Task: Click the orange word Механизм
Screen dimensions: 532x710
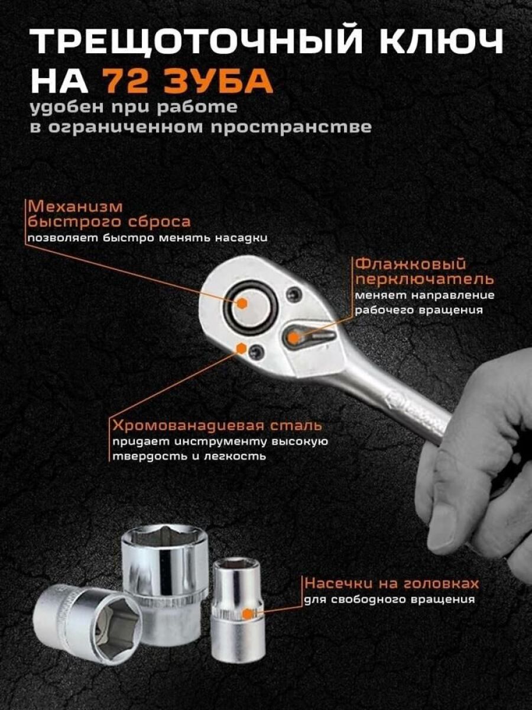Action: coord(75,207)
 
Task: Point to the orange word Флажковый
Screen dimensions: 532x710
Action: coord(411,264)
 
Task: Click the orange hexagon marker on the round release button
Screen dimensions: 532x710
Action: coord(241,303)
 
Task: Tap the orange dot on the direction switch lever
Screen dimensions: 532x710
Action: coord(293,337)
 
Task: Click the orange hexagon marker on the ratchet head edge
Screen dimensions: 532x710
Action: coord(241,348)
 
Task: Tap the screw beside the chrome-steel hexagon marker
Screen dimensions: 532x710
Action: coord(258,351)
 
